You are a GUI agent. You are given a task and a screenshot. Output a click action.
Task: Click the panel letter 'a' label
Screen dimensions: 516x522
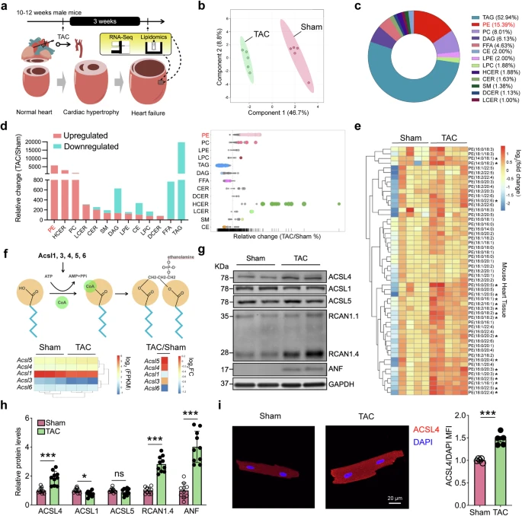(x=5, y=6)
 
